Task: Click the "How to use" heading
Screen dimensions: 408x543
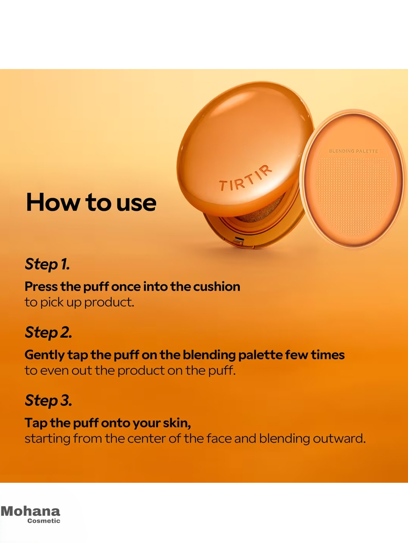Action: pos(91,202)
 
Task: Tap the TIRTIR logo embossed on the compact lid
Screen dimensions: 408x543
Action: pos(245,178)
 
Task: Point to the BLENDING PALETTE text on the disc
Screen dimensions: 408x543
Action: pos(353,151)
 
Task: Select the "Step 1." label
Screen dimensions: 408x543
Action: pos(47,264)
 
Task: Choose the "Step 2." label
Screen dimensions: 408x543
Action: pos(48,332)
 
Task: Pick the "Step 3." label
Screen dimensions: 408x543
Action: pos(48,400)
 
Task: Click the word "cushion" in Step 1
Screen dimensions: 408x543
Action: pos(216,287)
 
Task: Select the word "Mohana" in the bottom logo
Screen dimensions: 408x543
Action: pos(30,511)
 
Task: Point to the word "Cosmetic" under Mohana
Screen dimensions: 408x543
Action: pos(44,521)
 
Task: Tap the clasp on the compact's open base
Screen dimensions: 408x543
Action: pos(238,241)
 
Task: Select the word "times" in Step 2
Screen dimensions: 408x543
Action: pos(328,355)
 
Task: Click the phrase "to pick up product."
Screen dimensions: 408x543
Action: pos(79,302)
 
